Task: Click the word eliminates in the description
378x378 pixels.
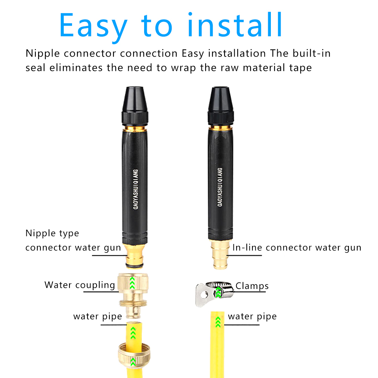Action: [76, 68]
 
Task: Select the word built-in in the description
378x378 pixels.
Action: [312, 53]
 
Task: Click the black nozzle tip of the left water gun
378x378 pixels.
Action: [135, 99]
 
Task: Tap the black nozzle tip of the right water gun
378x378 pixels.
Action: [221, 99]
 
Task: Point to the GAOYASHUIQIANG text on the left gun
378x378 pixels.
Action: [136, 189]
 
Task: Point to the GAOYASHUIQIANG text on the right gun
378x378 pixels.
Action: [220, 187]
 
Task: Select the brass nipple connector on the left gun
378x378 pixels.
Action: [135, 255]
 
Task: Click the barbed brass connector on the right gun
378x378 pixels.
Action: [220, 254]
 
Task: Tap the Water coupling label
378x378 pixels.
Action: [80, 285]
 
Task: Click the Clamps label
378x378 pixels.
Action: [252, 286]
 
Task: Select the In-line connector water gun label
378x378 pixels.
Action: [297, 247]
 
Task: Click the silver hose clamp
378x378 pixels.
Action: [214, 293]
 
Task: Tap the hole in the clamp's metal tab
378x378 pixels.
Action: [205, 294]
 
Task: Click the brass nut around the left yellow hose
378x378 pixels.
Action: [134, 355]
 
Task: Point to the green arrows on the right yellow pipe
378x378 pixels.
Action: [218, 322]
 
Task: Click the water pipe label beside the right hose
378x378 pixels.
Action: [252, 317]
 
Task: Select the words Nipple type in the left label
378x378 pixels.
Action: [52, 234]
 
